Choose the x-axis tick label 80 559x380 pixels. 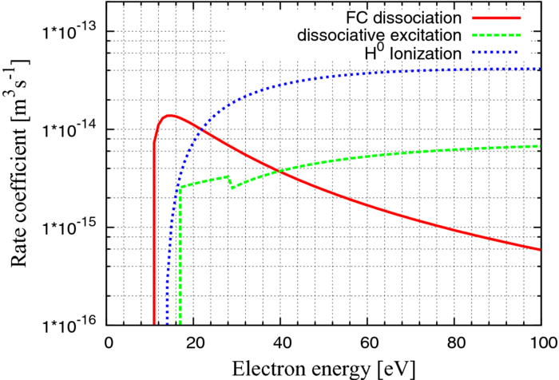[455, 341]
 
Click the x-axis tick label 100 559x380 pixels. [540, 341]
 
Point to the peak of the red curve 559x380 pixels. [168, 116]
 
